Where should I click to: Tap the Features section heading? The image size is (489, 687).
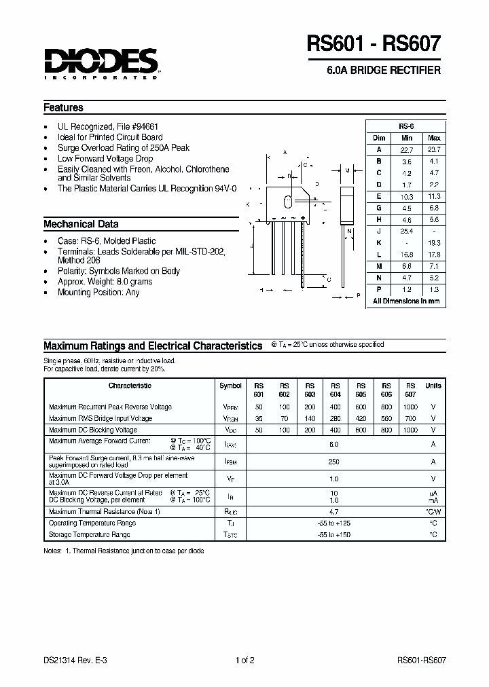click(x=63, y=107)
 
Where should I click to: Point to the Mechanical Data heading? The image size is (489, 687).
click(x=81, y=224)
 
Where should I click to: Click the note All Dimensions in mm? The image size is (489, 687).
click(x=406, y=301)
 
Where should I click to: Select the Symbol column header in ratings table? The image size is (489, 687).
click(x=230, y=386)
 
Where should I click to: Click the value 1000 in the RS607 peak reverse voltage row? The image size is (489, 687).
click(x=410, y=407)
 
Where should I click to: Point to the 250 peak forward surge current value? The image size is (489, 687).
click(x=333, y=462)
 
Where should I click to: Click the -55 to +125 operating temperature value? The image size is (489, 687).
click(x=333, y=523)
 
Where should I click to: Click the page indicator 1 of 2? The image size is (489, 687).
click(x=245, y=659)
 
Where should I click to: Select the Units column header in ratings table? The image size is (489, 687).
click(x=433, y=386)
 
